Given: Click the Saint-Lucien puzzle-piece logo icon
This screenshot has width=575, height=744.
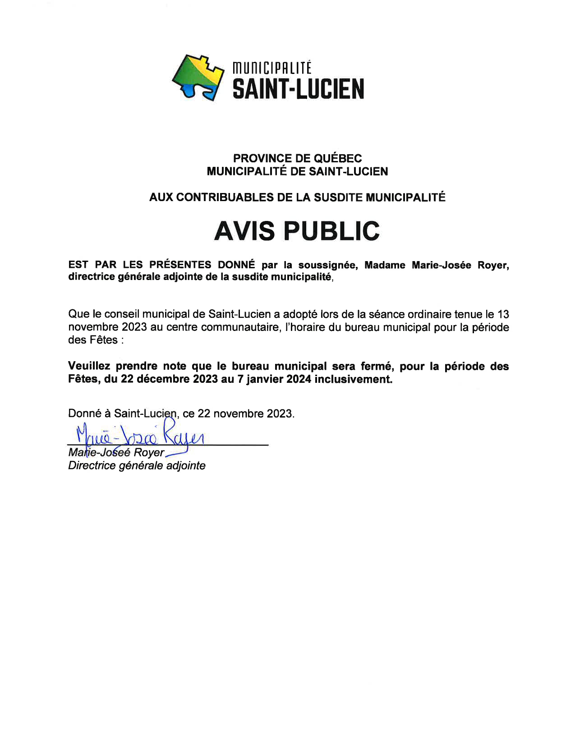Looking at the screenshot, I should click(x=198, y=77).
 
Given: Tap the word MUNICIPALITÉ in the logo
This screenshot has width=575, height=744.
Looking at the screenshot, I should click(x=271, y=69).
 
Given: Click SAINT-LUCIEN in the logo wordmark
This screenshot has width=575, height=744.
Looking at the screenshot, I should click(x=298, y=89).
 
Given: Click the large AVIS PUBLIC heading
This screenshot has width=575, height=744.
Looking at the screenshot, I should click(x=297, y=231).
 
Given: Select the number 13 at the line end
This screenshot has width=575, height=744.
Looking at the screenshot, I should click(x=503, y=314).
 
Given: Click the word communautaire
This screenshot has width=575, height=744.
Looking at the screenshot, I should click(x=239, y=327).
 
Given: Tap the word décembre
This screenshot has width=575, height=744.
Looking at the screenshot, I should click(x=163, y=379).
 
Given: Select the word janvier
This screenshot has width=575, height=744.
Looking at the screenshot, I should click(x=262, y=379).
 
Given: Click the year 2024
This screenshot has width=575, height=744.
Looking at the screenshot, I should click(x=299, y=379).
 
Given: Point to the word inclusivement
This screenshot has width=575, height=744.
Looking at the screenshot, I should click(x=353, y=379).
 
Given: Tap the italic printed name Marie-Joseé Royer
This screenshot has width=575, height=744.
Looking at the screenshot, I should click(x=116, y=453).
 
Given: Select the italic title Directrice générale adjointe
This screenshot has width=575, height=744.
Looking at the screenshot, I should click(x=137, y=466).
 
